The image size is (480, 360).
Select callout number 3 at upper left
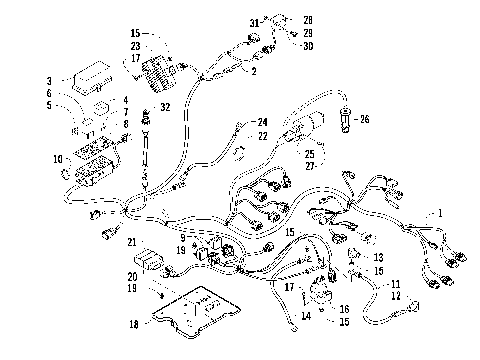(x=49, y=80)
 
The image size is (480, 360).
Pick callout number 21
(x=131, y=241)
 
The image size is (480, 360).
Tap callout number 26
(x=364, y=120)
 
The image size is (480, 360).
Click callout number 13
(x=378, y=257)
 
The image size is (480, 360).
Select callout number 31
(x=253, y=22)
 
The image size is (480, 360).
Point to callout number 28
(x=307, y=19)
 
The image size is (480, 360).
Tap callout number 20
(x=131, y=276)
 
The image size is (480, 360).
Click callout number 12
(x=396, y=295)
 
